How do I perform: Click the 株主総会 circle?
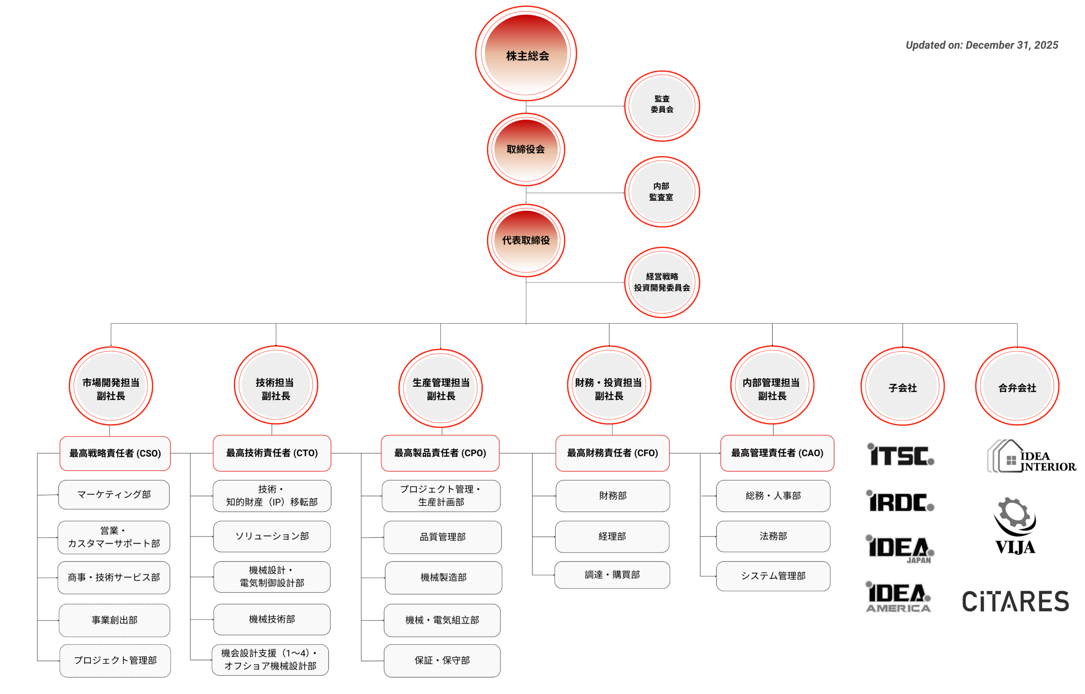[526, 54]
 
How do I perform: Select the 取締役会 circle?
[526, 149]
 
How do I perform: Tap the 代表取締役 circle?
[526, 240]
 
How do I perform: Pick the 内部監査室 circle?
[662, 192]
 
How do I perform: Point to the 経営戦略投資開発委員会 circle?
[662, 283]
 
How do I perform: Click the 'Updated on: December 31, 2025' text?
[982, 45]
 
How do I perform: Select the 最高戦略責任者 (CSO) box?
[115, 453]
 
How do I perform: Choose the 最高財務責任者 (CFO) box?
[612, 453]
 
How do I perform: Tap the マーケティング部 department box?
[114, 495]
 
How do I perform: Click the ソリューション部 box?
[272, 536]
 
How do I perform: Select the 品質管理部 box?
[442, 537]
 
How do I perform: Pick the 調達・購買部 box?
[612, 575]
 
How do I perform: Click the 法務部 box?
[773, 536]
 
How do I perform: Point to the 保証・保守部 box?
[442, 661]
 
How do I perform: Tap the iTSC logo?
[900, 455]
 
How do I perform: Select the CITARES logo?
[1015, 601]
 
